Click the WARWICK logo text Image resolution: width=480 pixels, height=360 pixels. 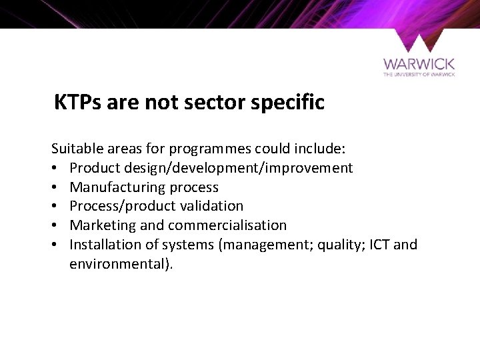tap(419, 64)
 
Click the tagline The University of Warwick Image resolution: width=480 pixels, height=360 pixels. tap(419, 75)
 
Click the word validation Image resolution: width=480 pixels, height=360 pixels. tap(212, 207)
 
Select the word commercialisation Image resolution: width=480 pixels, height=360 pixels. tap(234, 225)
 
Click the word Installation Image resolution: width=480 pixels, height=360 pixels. tap(101, 245)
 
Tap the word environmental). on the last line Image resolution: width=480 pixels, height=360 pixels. tap(121, 263)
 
